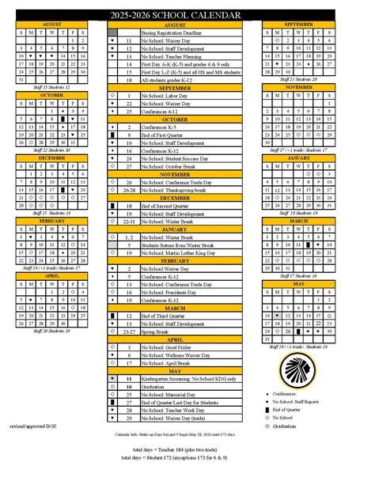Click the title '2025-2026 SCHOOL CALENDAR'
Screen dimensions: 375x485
click(x=187, y=14)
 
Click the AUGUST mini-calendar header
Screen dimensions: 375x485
click(x=51, y=25)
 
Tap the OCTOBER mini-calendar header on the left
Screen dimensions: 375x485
click(x=51, y=94)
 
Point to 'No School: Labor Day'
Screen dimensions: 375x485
click(x=161, y=94)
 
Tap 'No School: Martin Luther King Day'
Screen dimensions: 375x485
click(x=178, y=252)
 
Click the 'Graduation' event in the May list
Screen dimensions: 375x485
click(x=155, y=387)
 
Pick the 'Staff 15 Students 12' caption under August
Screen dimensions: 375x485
click(x=51, y=86)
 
